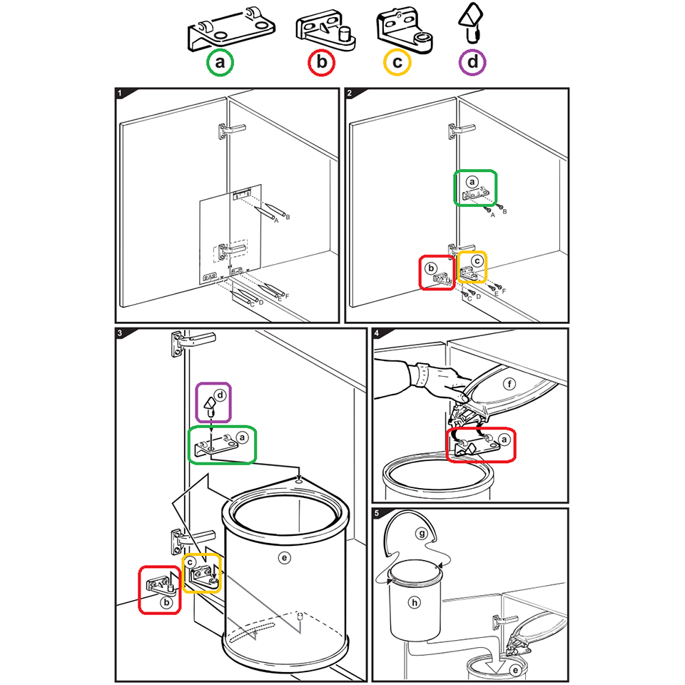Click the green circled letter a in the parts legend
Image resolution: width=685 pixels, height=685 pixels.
point(220,62)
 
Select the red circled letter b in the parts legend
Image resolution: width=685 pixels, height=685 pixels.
point(322,62)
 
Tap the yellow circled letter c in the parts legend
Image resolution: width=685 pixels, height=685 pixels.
point(397,62)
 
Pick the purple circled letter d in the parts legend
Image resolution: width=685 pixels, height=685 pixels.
point(472,62)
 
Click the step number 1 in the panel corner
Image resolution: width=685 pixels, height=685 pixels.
point(120,93)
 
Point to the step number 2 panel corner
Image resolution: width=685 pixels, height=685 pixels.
point(350,93)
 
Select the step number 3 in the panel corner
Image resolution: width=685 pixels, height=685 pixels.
point(120,333)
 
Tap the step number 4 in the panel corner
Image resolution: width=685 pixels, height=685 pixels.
point(377,333)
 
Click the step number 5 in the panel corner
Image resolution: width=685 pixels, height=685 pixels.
point(377,513)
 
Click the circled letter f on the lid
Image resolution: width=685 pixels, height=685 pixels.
point(509,384)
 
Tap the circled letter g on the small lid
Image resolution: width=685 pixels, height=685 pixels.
point(422,534)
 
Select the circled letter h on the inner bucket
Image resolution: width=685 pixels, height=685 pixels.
point(414,603)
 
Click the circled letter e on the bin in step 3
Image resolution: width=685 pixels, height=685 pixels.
point(285,557)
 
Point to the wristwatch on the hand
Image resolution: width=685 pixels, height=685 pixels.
point(422,374)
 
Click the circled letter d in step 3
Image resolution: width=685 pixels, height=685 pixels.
point(220,395)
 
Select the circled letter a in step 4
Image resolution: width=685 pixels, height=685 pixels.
point(504,440)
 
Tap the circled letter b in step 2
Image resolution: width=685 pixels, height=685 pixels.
point(431,268)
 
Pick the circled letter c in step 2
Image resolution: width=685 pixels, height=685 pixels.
point(477,261)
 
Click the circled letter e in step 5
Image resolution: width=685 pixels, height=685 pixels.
point(515,670)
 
